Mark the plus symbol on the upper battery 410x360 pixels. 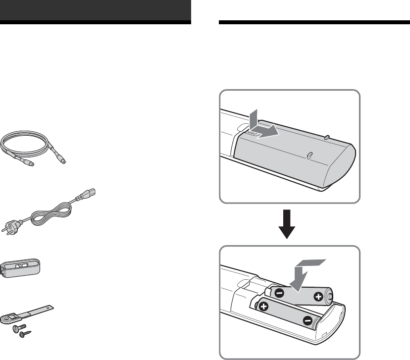click(x=317, y=297)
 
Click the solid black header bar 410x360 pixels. click(x=96, y=10)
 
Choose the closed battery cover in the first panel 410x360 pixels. click(x=297, y=154)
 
